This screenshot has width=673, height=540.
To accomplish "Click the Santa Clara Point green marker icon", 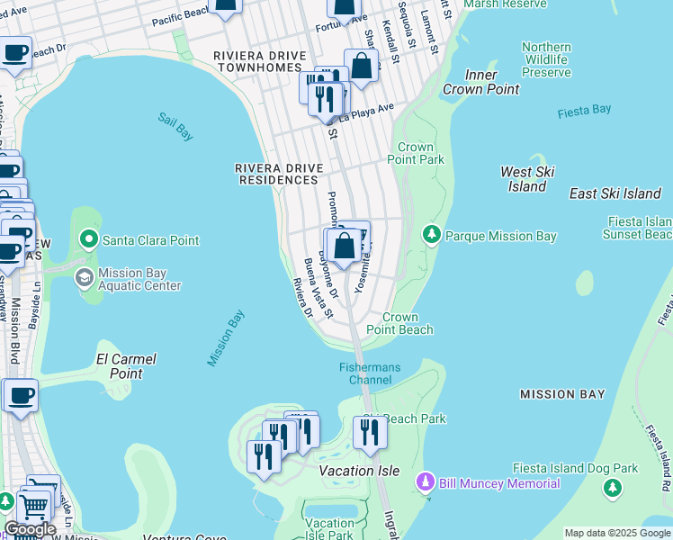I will [x=88, y=240].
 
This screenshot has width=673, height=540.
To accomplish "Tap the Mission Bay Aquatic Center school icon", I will [x=85, y=278].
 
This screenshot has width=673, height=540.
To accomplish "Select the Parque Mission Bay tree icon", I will [x=432, y=236].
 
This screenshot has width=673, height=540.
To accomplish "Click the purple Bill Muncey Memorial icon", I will [x=426, y=483].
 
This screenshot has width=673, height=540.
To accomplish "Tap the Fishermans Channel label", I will [x=364, y=373].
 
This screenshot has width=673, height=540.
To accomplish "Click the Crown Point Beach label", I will [x=399, y=324].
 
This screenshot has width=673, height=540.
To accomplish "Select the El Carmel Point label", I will [x=125, y=365].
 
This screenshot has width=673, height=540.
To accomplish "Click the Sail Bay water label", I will [x=175, y=127].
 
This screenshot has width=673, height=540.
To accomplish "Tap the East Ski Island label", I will [x=615, y=193].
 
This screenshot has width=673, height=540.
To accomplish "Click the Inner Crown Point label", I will [x=482, y=83].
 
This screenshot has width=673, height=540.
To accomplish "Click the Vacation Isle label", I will [x=360, y=471].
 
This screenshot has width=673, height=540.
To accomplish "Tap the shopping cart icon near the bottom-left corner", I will [x=34, y=507].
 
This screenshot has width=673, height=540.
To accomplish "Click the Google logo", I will [x=30, y=529].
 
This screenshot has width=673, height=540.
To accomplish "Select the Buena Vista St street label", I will [x=319, y=288].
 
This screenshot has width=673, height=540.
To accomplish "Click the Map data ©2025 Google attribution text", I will [x=616, y=533].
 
